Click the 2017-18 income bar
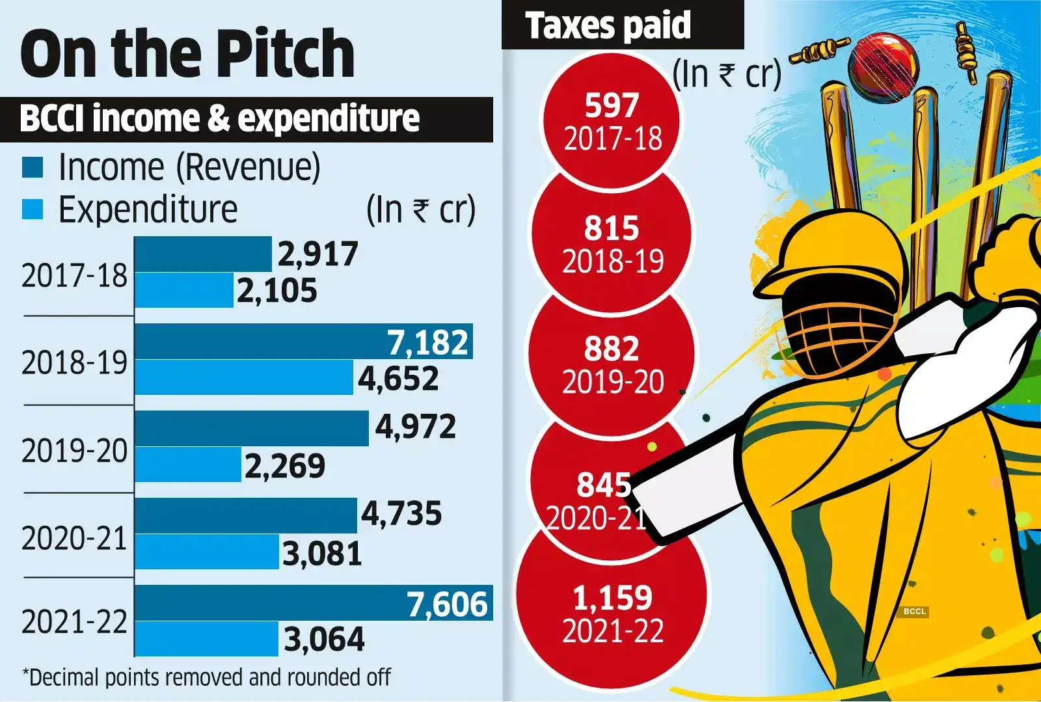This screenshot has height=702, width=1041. coord(202,254)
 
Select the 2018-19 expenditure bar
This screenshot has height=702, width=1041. coord(243,377)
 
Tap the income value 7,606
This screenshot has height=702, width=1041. coord(448,604)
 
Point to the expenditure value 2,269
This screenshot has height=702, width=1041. coord(285,466)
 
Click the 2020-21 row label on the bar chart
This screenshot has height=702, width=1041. coord(74,539)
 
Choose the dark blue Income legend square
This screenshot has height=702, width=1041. coord(33,167)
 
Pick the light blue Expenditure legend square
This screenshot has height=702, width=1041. coord(33,209)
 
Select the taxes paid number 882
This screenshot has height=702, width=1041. coord(612,349)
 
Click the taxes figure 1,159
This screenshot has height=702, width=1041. coord(612,598)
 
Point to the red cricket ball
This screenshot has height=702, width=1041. coord(883,66)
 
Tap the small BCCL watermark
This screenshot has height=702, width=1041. coord(914,612)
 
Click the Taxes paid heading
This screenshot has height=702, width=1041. coord(608,26)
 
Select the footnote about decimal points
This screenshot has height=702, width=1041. coord(207,678)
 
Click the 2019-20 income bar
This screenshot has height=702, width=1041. coord(251,428)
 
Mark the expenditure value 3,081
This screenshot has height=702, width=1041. coord(322,554)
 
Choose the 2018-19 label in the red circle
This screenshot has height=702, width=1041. coord(613,262)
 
